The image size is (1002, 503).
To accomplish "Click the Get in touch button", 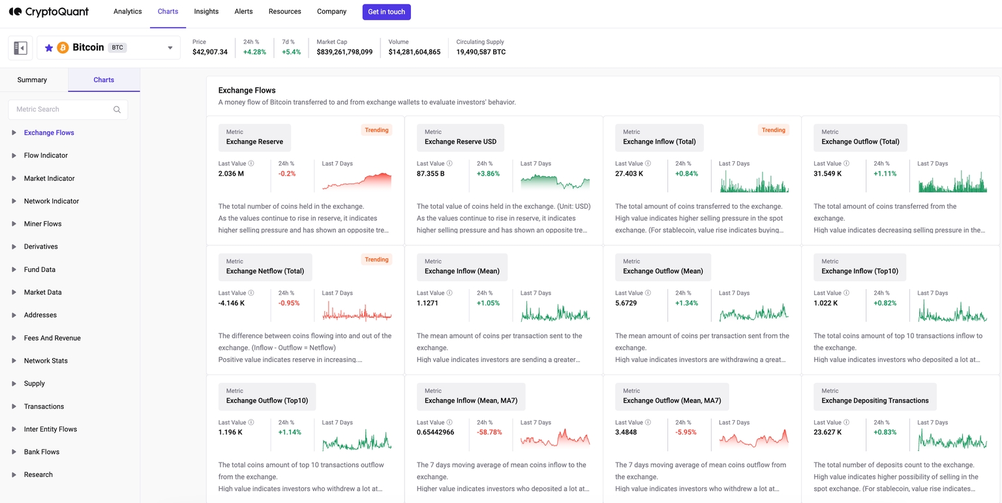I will (386, 12).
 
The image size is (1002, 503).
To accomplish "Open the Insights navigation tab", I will (206, 12).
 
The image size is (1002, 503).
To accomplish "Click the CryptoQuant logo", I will (49, 12).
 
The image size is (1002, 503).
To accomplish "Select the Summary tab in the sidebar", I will (32, 80).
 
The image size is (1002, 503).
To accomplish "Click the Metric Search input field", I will (62, 110).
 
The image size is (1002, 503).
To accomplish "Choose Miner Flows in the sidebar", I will (42, 224).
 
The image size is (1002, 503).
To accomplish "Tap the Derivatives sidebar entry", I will (40, 247).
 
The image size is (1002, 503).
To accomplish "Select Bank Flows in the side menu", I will (41, 452).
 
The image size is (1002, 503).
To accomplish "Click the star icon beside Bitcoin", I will (49, 48).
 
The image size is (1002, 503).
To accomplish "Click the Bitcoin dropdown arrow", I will (170, 48).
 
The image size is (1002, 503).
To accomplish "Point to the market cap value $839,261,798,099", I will (344, 52).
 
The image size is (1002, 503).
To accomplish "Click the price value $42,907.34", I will (210, 52).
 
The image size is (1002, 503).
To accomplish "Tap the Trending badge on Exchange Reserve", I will (376, 130).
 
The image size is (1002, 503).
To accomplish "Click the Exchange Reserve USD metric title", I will (460, 142).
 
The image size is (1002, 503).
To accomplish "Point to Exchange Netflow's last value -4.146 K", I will (232, 303).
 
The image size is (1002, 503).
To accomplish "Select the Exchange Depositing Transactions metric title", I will (875, 401).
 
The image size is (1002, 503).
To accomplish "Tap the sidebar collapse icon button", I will (20, 48).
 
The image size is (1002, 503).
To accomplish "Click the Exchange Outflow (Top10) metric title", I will (267, 401).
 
